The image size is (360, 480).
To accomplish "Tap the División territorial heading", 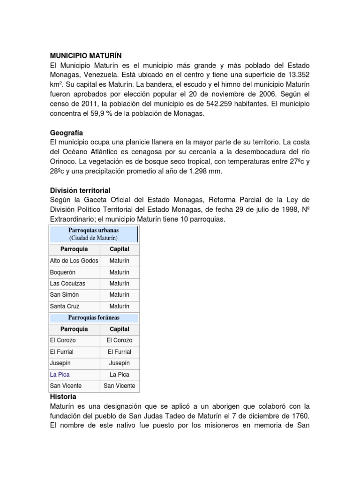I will coord(80,190).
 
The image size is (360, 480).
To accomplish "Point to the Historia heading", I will coord(63,397).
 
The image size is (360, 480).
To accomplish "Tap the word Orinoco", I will coord(65,161).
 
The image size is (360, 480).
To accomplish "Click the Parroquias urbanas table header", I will coord(94,230).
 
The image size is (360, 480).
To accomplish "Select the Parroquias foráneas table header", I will coord(94,318).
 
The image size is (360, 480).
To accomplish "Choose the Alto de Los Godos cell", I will coord(74,261).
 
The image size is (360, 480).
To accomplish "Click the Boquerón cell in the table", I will coord(62,272).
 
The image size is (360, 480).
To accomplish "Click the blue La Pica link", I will coord(60,375).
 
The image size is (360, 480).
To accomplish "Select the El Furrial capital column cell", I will coord(119,352).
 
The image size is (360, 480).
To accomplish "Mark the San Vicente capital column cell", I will coord(119,386).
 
